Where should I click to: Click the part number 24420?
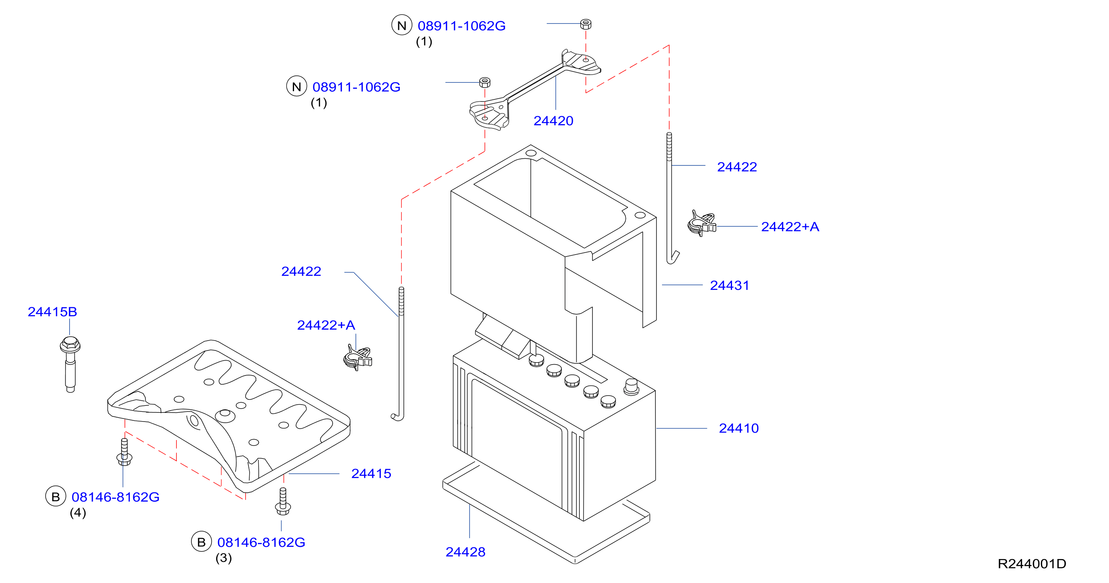pos(553,121)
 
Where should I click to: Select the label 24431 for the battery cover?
pos(729,285)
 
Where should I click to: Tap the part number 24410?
pos(739,428)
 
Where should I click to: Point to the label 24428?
pos(465,552)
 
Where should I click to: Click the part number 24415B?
pos(53,312)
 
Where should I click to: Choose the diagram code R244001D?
pos(1032,564)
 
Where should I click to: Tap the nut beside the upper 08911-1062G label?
pos(585,24)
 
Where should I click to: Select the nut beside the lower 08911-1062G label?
pos(485,82)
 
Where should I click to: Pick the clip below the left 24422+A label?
pos(358,357)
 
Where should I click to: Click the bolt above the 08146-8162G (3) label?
pos(283,501)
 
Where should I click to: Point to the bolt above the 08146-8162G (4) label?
pos(124,452)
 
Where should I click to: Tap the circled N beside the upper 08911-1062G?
pos(402,26)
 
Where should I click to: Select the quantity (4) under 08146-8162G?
pos(78,513)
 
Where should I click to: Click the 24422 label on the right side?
pos(737,167)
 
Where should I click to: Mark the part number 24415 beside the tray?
pos(371,474)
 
